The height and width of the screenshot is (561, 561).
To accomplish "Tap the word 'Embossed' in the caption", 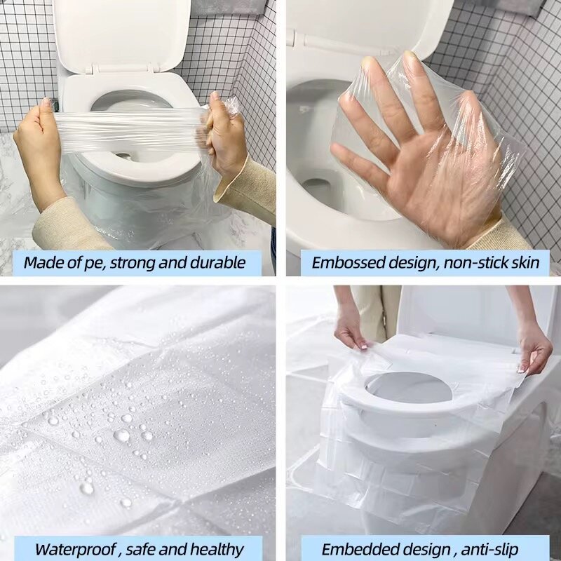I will click(x=343, y=263).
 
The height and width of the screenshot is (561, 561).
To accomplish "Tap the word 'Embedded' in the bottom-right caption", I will click(x=353, y=549).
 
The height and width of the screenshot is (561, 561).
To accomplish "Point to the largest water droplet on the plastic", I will click(x=121, y=435).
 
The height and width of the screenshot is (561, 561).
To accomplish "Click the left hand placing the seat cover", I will click(x=353, y=330).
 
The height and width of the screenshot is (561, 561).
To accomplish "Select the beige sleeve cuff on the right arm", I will click(x=250, y=186).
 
